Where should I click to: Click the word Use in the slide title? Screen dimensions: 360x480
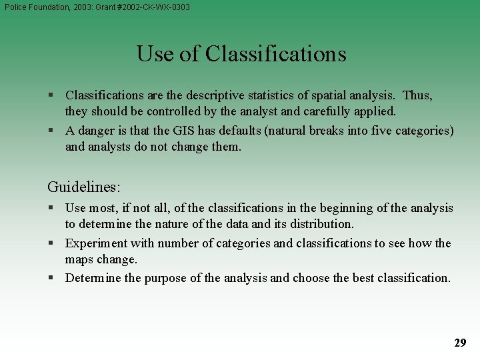click(x=152, y=53)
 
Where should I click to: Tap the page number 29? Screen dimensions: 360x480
click(x=460, y=343)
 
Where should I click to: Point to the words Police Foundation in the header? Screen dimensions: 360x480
click(x=33, y=7)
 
